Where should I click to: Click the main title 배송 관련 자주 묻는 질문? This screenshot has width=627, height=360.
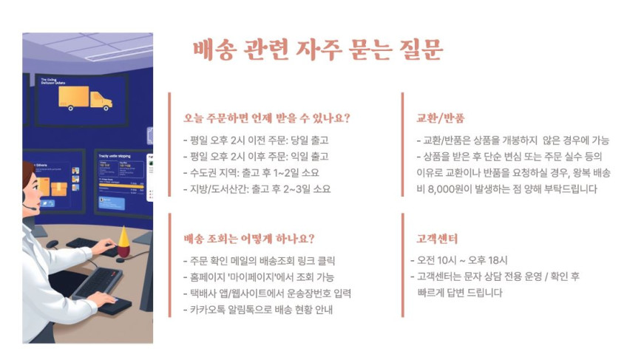(318, 50)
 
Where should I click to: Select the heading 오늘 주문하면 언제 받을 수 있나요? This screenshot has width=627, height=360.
(267, 118)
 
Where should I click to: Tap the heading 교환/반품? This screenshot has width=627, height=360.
(440, 118)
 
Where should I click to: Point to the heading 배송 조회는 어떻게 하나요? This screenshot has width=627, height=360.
(249, 239)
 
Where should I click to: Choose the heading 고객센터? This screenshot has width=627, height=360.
(437, 239)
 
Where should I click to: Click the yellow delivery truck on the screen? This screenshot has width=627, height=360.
(85, 98)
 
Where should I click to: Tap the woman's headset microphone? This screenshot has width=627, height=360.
(30, 208)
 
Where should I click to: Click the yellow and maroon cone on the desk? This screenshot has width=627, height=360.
(123, 242)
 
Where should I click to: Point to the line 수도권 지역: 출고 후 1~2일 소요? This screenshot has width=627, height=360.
(251, 173)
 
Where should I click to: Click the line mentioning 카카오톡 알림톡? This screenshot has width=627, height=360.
(258, 310)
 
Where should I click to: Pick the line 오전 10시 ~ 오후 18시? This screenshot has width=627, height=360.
(459, 260)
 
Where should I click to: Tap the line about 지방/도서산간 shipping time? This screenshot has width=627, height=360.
(257, 189)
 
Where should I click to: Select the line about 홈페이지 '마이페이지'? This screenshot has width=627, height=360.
(259, 276)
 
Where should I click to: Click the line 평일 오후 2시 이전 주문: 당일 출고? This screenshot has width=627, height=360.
(256, 140)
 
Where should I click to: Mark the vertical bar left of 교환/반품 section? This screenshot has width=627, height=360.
(403, 144)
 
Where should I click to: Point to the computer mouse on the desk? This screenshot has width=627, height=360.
(52, 244)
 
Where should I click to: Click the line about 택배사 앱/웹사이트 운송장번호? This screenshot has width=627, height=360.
(267, 293)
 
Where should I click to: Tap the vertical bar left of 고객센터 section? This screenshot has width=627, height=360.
(403, 265)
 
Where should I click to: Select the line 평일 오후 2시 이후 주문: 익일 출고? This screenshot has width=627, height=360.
(256, 157)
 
